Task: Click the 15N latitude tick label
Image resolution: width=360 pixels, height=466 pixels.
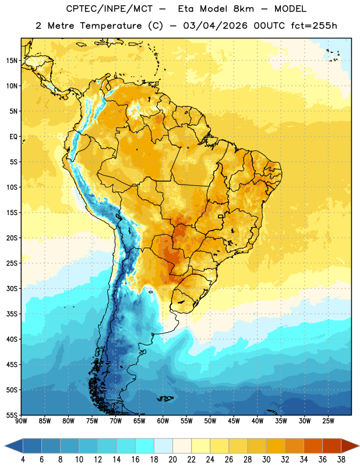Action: [12, 61]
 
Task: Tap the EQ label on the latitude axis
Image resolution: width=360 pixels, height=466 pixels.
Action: [13, 137]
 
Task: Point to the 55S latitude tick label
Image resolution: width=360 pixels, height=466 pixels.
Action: [12, 415]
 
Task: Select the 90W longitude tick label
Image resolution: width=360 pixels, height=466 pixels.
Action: [21, 421]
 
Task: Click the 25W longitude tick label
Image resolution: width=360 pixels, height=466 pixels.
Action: [328, 421]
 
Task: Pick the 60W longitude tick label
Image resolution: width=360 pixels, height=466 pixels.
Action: [163, 421]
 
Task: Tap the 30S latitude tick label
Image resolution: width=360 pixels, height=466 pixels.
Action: [12, 288]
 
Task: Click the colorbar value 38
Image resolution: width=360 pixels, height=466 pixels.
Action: [341, 460]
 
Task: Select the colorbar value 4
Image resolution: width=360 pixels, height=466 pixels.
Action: [23, 460]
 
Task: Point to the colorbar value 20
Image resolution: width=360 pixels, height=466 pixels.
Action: [172, 460]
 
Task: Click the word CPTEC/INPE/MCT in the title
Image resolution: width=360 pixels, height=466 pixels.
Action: [110, 9]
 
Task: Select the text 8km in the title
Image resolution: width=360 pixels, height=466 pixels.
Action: [243, 9]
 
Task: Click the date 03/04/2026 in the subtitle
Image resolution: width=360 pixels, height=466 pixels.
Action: [215, 26]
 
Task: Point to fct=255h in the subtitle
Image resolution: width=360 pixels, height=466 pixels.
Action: [314, 26]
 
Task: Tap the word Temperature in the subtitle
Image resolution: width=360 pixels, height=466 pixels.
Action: [111, 26]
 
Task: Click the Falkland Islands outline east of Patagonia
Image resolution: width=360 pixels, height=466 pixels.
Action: [165, 398]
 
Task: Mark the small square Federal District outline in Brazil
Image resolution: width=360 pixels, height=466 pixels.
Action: [221, 216]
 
